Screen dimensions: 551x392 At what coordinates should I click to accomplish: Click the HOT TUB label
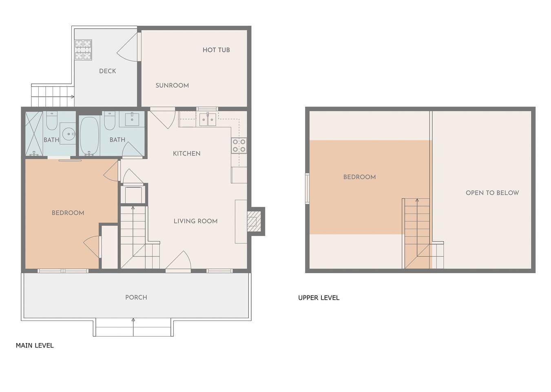216,50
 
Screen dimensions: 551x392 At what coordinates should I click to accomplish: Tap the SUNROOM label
172,85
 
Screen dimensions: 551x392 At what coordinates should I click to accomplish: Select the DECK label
108,71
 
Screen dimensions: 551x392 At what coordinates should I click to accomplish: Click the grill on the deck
83,50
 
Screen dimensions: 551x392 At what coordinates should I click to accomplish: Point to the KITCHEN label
187,154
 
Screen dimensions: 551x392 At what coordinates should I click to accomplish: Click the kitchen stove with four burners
239,145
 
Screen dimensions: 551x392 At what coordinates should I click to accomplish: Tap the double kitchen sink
208,120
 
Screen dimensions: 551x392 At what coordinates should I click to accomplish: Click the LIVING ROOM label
195,221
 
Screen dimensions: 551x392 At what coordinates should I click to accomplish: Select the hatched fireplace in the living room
254,221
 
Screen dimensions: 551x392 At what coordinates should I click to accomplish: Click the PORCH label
136,297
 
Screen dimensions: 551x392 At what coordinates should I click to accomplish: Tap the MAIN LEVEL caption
35,345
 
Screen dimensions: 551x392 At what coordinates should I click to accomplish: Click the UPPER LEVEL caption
319,298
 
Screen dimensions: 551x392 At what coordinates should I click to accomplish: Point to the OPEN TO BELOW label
492,193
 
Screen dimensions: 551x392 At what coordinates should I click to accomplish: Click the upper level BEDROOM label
360,177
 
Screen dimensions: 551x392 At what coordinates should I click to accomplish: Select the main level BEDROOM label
68,213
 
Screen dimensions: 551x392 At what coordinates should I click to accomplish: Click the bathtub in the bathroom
90,136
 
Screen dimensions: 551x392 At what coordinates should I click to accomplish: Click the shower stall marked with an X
34,134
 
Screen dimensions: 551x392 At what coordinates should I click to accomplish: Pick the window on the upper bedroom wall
307,189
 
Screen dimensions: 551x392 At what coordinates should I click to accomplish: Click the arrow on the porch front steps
133,327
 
